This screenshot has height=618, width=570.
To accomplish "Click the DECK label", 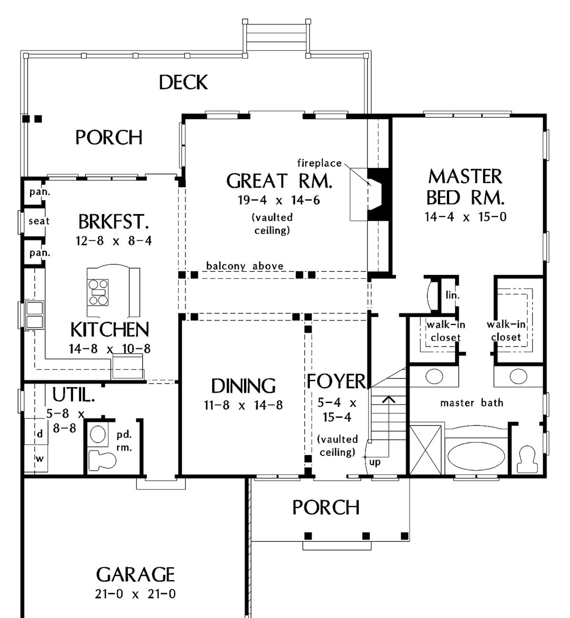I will pyautogui.click(x=183, y=82).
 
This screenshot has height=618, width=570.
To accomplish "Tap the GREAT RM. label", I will pyautogui.click(x=279, y=181).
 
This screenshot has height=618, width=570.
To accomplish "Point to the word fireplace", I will pyautogui.click(x=319, y=163).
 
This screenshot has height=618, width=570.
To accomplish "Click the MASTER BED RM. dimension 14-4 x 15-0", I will pyautogui.click(x=465, y=217).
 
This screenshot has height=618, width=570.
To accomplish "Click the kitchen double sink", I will pyautogui.click(x=34, y=315).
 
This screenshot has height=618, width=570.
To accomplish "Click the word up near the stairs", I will pyautogui.click(x=375, y=462).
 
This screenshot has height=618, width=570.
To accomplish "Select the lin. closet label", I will pyautogui.click(x=453, y=296).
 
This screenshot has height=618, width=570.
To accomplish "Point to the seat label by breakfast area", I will pyautogui.click(x=39, y=221).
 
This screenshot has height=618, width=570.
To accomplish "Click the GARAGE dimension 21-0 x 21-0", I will pyautogui.click(x=135, y=594).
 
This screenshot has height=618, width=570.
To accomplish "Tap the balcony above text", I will pyautogui.click(x=245, y=266).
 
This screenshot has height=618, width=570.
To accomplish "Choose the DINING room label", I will pyautogui.click(x=243, y=386).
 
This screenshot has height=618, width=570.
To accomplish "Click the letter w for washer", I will pyautogui.click(x=40, y=459).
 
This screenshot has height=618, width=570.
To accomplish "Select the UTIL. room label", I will pyautogui.click(x=73, y=394).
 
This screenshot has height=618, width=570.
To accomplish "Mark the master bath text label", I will pyautogui.click(x=472, y=403).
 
